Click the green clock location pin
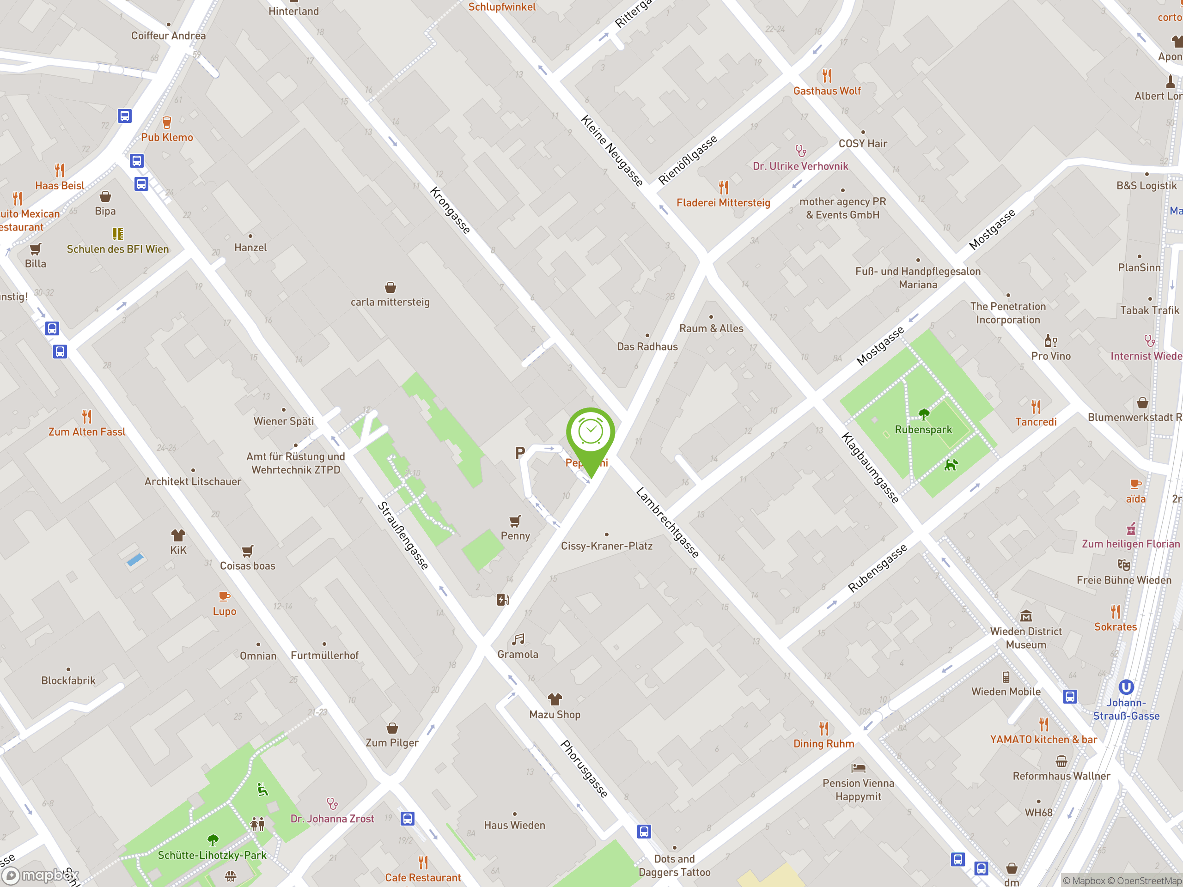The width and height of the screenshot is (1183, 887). click(591, 433)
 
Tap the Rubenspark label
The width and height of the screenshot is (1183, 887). click(923, 429)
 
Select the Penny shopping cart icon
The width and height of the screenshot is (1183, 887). click(515, 521)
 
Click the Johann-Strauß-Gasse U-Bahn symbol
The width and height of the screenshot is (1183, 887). click(1126, 687)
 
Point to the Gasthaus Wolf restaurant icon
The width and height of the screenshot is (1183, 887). click(827, 75)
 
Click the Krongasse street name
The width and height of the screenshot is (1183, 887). click(450, 210)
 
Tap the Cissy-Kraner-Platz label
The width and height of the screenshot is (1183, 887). click(606, 546)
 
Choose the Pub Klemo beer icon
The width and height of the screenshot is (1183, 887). click(167, 122)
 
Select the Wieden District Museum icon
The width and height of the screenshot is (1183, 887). click(1026, 616)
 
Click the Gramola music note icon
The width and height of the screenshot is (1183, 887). click(518, 639)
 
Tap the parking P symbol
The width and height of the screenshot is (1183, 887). click(519, 453)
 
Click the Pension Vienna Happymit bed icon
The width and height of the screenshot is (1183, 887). click(859, 768)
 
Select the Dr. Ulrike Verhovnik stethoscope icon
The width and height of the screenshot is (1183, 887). click(801, 152)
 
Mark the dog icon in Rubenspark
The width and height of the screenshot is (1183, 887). click(951, 465)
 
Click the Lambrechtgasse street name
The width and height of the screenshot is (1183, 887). click(667, 522)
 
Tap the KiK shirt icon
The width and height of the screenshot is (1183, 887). click(178, 535)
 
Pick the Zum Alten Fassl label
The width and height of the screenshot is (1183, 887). click(86, 431)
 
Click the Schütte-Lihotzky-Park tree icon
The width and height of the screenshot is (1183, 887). click(213, 840)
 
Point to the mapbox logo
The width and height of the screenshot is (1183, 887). click(41, 875)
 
